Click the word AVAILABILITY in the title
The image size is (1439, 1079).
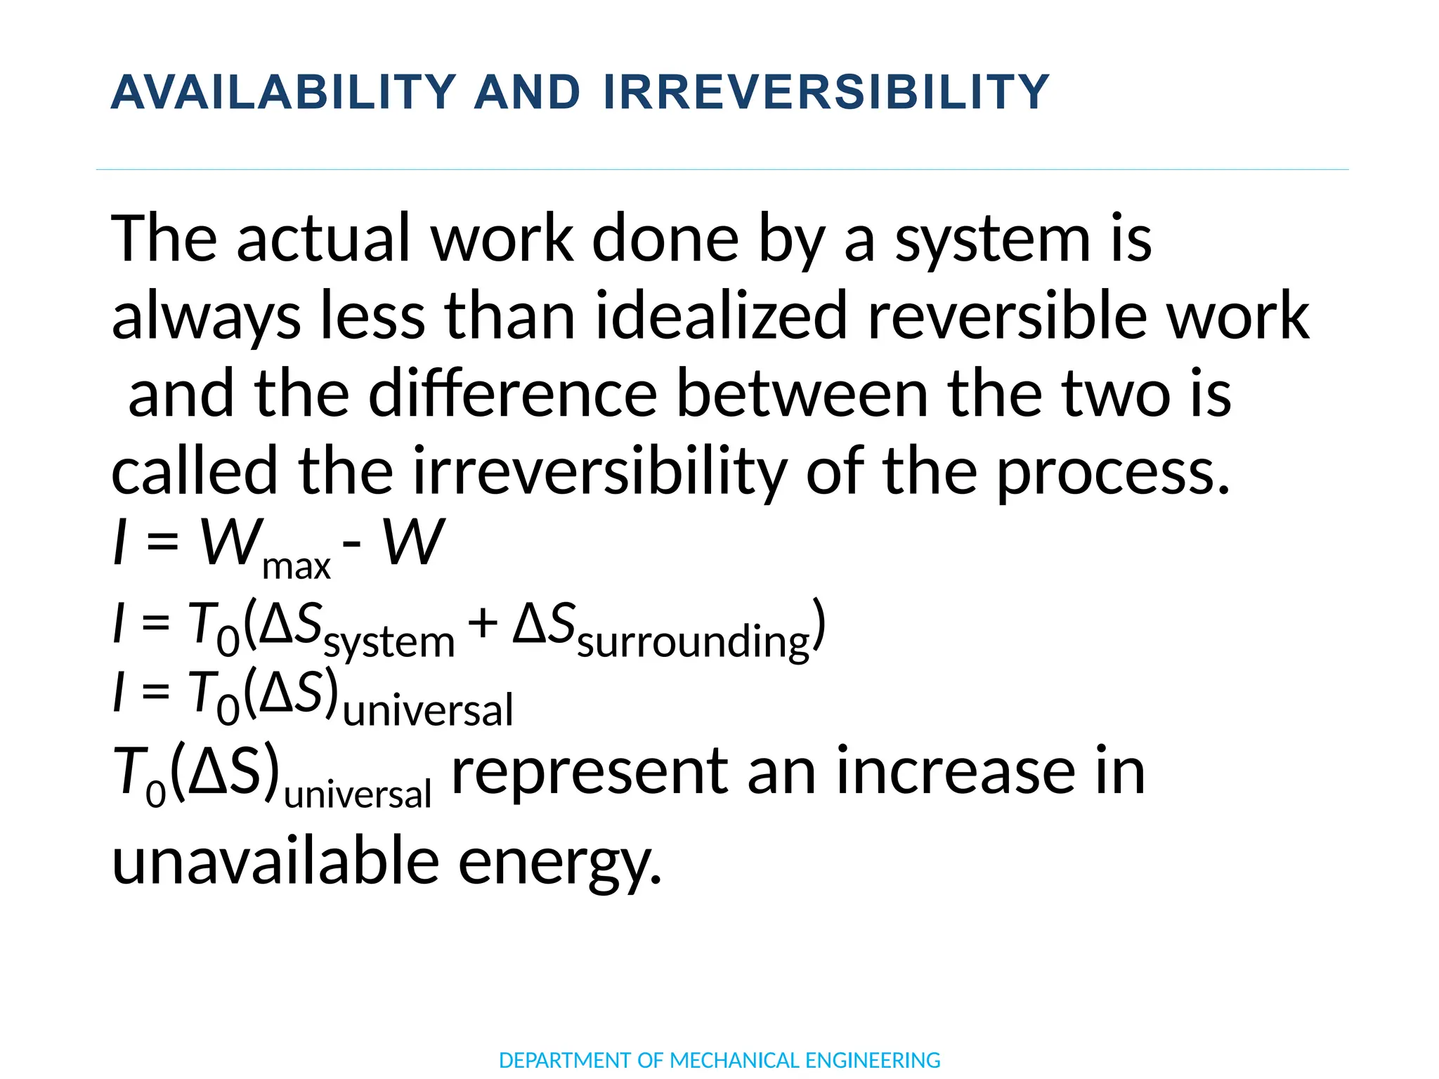(284, 93)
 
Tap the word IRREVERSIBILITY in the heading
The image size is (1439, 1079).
(826, 93)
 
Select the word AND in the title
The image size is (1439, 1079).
(528, 93)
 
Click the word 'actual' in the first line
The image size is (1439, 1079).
(323, 239)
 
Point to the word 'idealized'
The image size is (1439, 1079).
(721, 316)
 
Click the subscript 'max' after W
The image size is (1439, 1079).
(296, 566)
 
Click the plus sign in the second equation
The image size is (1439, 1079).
(483, 622)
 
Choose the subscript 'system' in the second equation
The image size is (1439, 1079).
(389, 642)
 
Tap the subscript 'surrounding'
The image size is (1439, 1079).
(694, 642)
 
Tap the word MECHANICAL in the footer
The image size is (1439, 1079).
(735, 1060)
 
